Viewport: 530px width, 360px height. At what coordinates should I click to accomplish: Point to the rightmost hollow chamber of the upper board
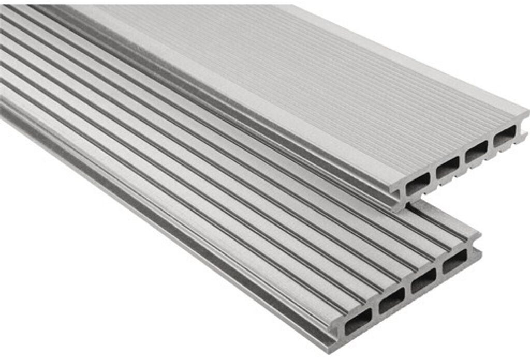point(504,136)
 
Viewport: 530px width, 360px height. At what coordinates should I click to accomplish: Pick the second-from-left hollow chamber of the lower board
point(391,300)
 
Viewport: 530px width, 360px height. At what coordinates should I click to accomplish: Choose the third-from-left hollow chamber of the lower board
point(423,280)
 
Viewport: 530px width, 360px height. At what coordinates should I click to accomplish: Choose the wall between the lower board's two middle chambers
point(408,290)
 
